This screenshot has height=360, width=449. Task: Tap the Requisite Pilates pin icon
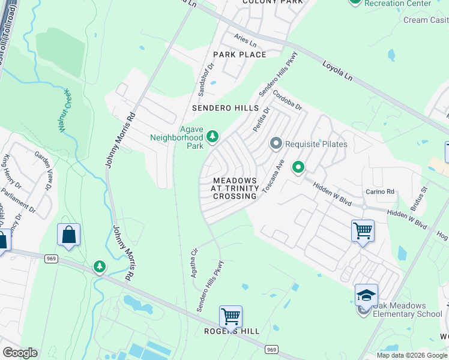tap(276, 143)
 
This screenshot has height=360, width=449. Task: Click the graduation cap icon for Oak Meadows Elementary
tap(366, 295)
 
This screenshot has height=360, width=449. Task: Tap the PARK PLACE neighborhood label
tap(244, 55)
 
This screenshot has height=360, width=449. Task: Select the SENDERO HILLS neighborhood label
tap(225, 109)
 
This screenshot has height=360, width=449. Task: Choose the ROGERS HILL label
tap(232, 331)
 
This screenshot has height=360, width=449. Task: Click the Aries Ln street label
tap(246, 41)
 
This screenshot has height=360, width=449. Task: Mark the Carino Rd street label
tap(380, 192)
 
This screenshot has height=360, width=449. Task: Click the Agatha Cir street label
tap(194, 262)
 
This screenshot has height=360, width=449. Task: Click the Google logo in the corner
tap(20, 352)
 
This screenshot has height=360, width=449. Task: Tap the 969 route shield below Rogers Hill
tap(271, 349)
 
